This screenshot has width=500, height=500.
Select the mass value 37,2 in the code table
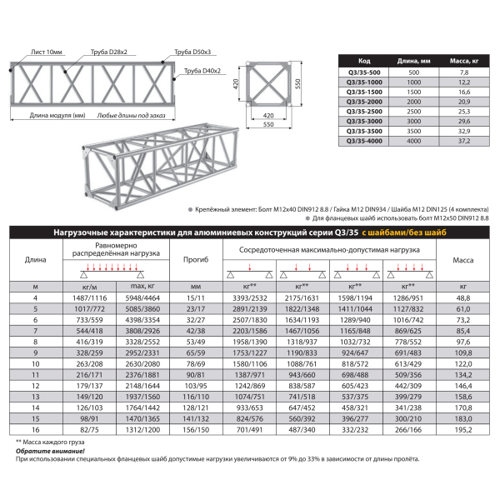[464, 141]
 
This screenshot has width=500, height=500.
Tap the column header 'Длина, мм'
[414, 61]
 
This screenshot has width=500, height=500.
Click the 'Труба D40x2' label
[202, 71]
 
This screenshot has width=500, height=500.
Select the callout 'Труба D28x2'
[107, 52]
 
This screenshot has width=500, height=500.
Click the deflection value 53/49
[196, 341]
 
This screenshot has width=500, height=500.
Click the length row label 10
[35, 362]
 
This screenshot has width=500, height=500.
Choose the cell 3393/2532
[251, 297]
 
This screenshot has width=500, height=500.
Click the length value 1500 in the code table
[414, 91]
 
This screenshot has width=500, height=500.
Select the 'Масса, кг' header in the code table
[464, 61]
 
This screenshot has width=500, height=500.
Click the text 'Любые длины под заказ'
[126, 116]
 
